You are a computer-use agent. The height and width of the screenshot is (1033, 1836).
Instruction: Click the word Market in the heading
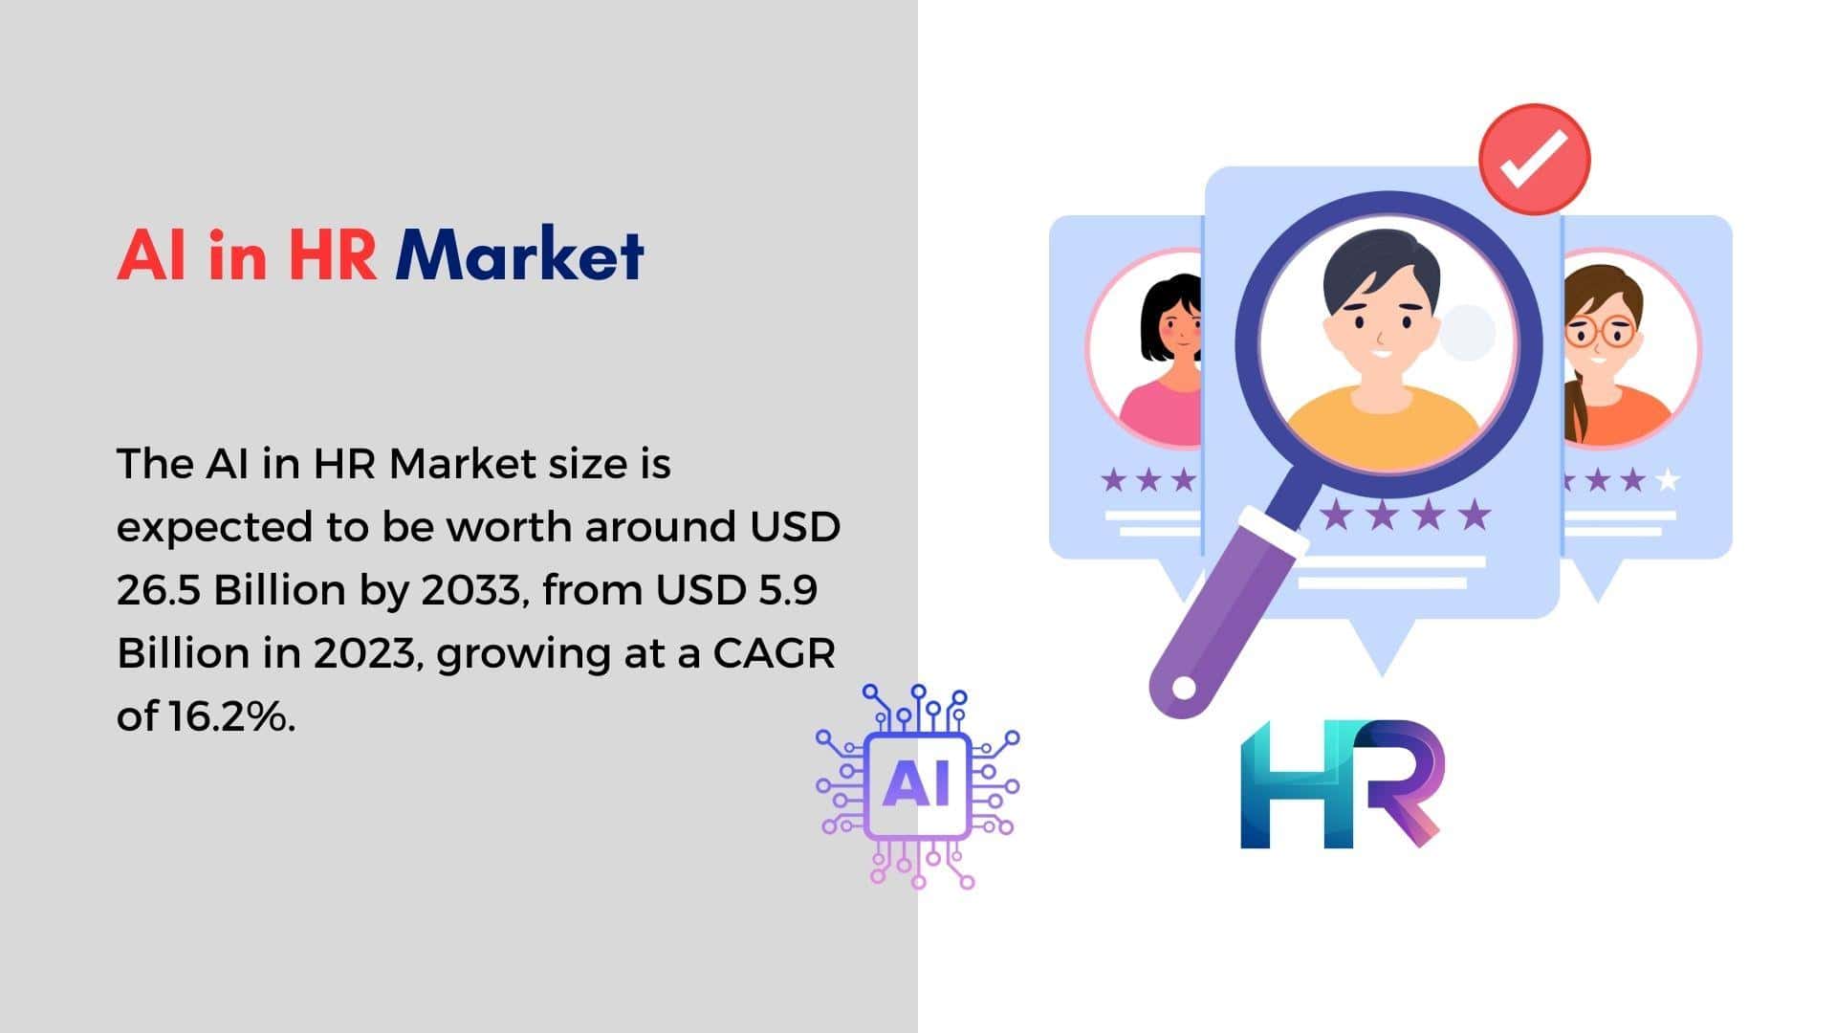(x=520, y=255)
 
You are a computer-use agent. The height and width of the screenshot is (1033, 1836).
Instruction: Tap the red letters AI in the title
(x=151, y=255)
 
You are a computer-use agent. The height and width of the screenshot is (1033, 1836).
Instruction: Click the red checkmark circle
(x=1534, y=159)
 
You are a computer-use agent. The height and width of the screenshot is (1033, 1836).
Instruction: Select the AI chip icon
(x=918, y=786)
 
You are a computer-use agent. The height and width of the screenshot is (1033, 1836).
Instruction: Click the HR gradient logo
(x=1342, y=784)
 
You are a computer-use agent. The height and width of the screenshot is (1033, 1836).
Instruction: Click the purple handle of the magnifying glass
(x=1225, y=612)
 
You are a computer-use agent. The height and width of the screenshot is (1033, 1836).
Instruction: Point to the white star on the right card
(x=1668, y=479)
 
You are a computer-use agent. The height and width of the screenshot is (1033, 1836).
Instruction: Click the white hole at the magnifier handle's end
(x=1184, y=688)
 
